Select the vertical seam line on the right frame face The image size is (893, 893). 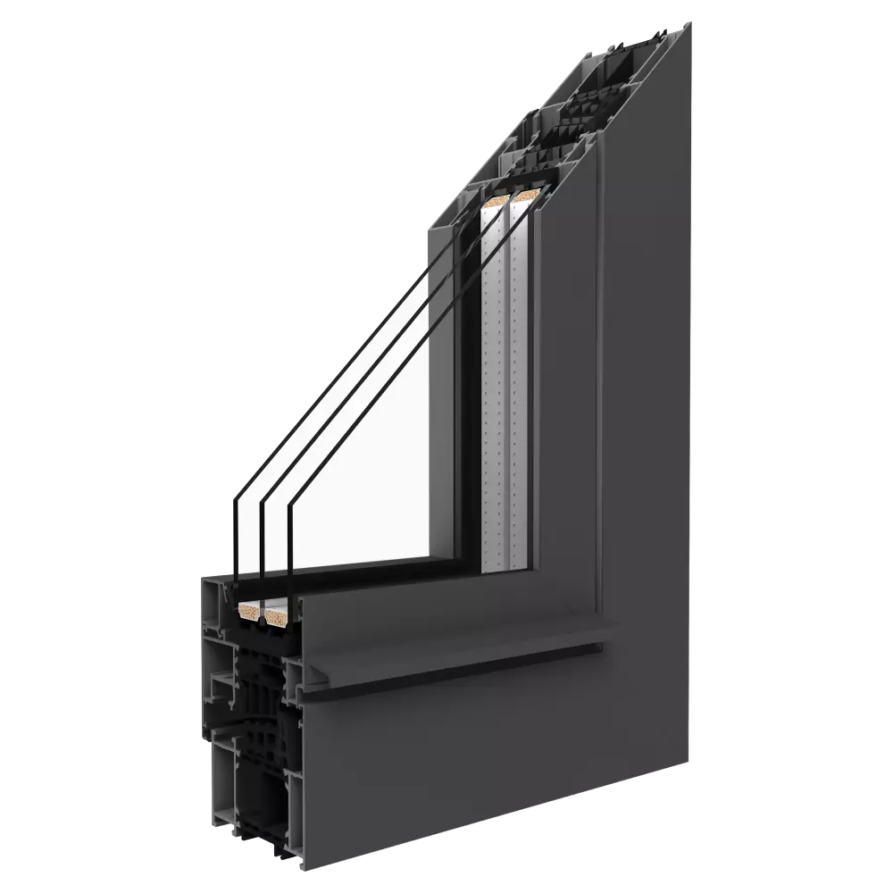[600, 357]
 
